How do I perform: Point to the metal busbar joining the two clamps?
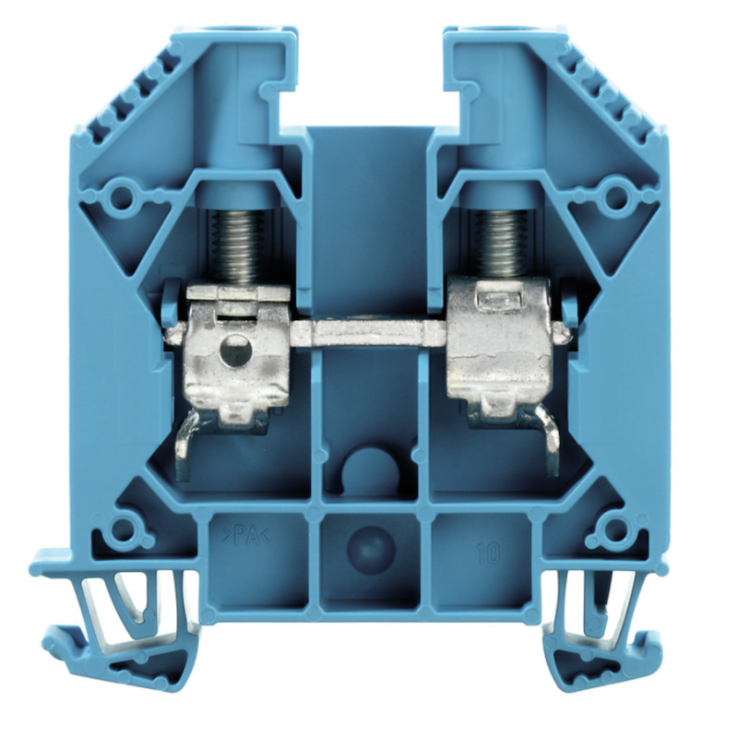368,334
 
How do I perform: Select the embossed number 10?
488,552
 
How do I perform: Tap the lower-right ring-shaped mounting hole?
613,530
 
